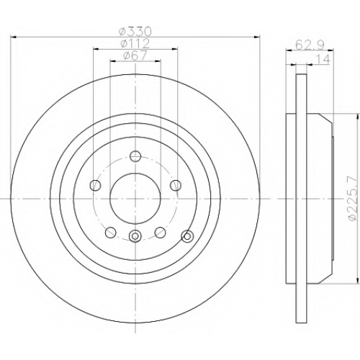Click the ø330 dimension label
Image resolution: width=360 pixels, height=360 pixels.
pos(135,32)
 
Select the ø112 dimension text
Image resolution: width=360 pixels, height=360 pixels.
pos(135,43)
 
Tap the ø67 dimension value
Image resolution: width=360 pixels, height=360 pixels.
pos(135,55)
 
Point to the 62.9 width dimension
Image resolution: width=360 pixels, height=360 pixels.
pos(310,45)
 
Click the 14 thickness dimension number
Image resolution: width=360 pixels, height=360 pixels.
pos(323,59)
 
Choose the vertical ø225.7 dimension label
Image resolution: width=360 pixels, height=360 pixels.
pos(353,198)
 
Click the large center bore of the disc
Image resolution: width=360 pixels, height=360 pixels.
pos(135,199)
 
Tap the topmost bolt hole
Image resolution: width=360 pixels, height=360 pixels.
pos(135,156)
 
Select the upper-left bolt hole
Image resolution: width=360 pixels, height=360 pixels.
pos(95,185)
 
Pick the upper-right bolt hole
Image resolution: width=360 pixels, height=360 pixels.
pos(176,185)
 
